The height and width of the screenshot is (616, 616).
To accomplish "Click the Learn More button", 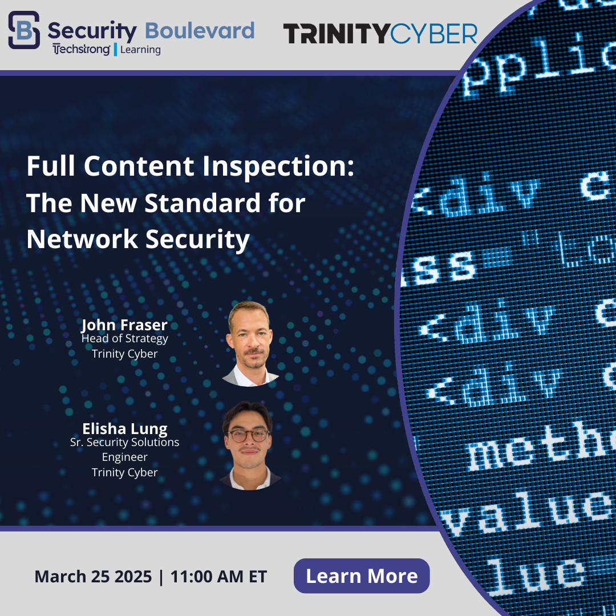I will click(362, 576).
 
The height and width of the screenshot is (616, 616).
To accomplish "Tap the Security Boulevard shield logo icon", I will click(24, 30).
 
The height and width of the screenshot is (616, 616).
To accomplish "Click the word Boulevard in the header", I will click(200, 30).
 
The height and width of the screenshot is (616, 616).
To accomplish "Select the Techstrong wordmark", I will click(81, 50).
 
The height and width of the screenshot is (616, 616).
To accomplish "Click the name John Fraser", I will click(124, 325).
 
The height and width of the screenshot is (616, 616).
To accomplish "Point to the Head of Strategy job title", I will click(124, 339).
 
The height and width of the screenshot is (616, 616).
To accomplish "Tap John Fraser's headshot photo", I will click(249, 343).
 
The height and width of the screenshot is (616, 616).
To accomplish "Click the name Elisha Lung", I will click(124, 428).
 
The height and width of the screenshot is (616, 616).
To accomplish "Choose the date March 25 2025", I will click(93, 576).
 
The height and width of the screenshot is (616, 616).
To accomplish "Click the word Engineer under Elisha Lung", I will click(124, 457).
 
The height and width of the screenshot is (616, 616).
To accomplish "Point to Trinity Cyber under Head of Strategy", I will click(124, 354).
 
